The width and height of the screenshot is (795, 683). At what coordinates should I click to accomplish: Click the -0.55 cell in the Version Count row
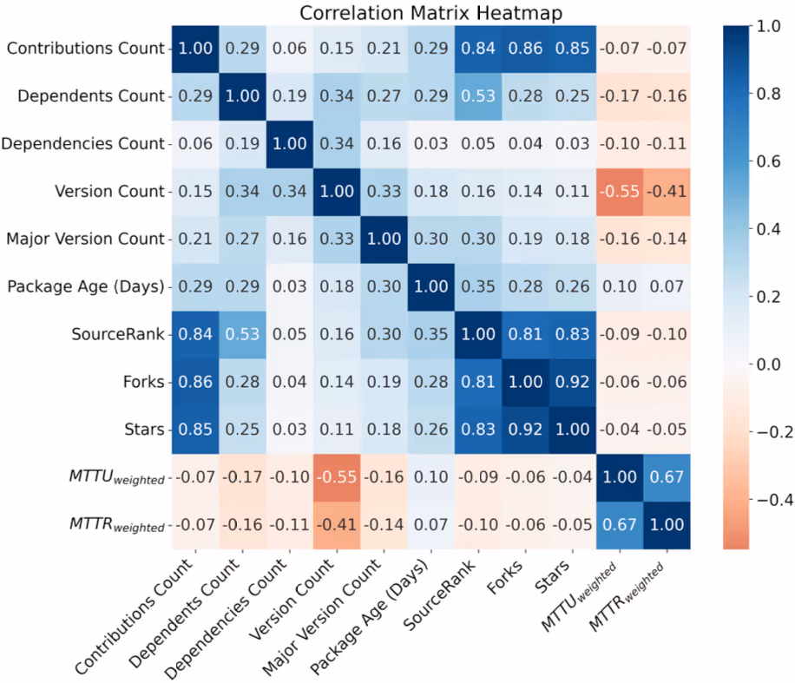coord(620,190)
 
